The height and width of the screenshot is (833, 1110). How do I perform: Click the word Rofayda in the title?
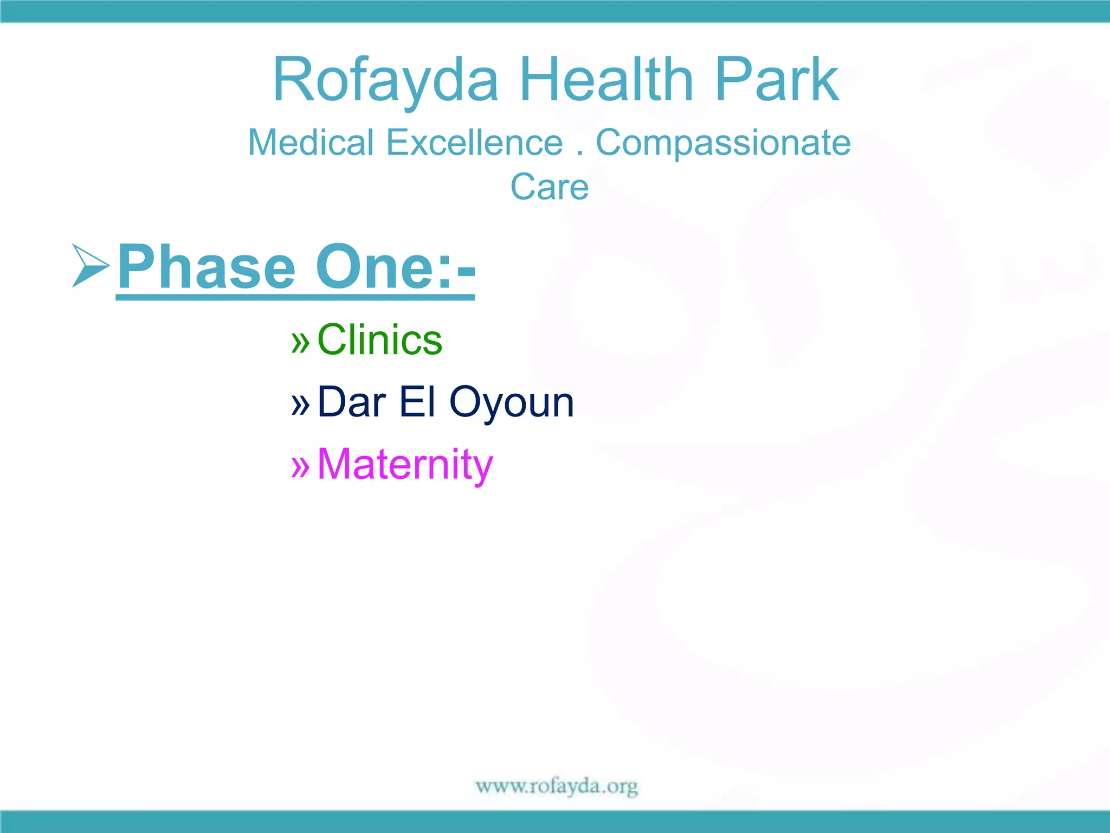click(x=385, y=80)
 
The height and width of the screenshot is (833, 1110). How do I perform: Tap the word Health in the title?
click(x=606, y=80)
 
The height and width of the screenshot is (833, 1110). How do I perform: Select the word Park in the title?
click(x=777, y=80)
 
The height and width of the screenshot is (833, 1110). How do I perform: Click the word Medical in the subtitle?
click(x=311, y=143)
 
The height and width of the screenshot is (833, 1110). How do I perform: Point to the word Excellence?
click(x=474, y=143)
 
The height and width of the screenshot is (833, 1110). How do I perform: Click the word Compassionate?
click(x=723, y=143)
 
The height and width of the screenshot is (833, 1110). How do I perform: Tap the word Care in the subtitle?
click(x=549, y=187)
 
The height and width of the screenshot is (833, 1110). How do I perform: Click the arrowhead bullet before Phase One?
click(x=90, y=265)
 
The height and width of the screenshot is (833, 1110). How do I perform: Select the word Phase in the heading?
click(x=206, y=267)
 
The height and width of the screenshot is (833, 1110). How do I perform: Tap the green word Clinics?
click(x=379, y=340)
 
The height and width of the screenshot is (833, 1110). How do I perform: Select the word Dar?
click(x=351, y=402)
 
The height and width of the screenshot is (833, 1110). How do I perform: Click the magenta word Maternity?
click(x=405, y=465)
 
